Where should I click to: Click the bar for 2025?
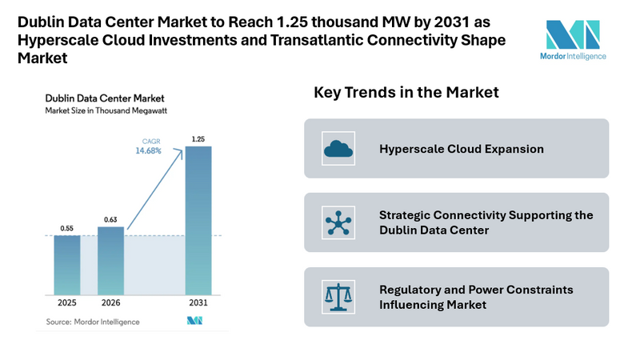[x=67, y=264]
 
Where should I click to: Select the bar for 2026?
[x=110, y=260]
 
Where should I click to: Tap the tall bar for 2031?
[x=198, y=219]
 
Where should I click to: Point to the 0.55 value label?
[x=67, y=228]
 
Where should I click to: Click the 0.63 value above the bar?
[x=110, y=219]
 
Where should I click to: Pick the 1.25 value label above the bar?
[x=198, y=139]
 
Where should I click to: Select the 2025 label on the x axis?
[x=67, y=304]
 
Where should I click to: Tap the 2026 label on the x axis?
[x=110, y=304]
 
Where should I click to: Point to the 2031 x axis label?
[x=198, y=304]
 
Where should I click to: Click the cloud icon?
[x=337, y=149]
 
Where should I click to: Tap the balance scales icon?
[x=337, y=297]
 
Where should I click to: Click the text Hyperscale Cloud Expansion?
[x=462, y=149]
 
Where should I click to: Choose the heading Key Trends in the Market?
[x=406, y=93]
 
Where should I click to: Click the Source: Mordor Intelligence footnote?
[x=92, y=321]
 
